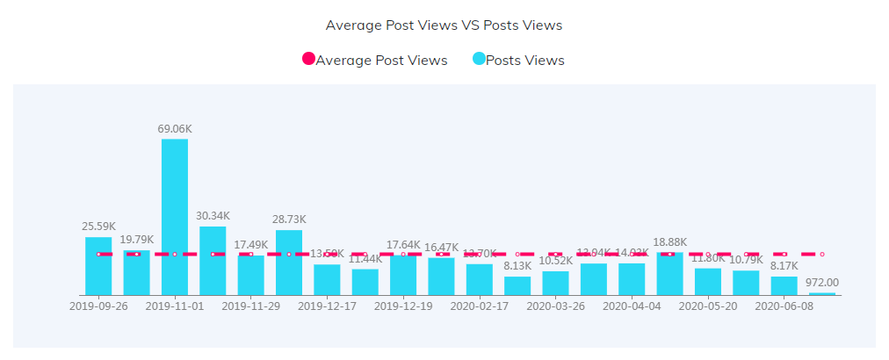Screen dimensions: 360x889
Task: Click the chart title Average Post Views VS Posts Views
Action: tap(444, 25)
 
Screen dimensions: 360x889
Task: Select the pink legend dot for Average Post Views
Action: tap(308, 60)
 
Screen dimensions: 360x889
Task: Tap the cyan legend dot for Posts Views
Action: tap(479, 60)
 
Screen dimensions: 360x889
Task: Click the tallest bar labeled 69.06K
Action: tap(175, 217)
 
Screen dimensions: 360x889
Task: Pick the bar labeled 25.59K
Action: tap(98, 266)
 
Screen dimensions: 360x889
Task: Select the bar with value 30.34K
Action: tap(213, 261)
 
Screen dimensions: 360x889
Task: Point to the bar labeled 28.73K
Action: tap(289, 263)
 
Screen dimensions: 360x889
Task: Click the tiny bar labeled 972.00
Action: tap(822, 293)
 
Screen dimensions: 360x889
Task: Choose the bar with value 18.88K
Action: tap(670, 273)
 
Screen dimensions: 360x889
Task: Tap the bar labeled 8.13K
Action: tap(517, 285)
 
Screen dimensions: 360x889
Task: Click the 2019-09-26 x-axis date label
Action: tap(98, 306)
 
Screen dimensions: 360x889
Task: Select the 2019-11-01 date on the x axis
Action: tap(175, 306)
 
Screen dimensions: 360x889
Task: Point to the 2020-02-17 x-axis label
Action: tap(480, 306)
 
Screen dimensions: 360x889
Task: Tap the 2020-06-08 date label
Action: tap(784, 306)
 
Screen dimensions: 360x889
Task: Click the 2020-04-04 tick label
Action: tap(632, 306)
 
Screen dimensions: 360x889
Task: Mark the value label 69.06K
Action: tap(175, 129)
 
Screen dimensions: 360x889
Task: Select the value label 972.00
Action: tap(822, 283)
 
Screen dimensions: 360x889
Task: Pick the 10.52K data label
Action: tap(556, 261)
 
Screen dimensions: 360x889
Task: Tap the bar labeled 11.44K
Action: tap(365, 282)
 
